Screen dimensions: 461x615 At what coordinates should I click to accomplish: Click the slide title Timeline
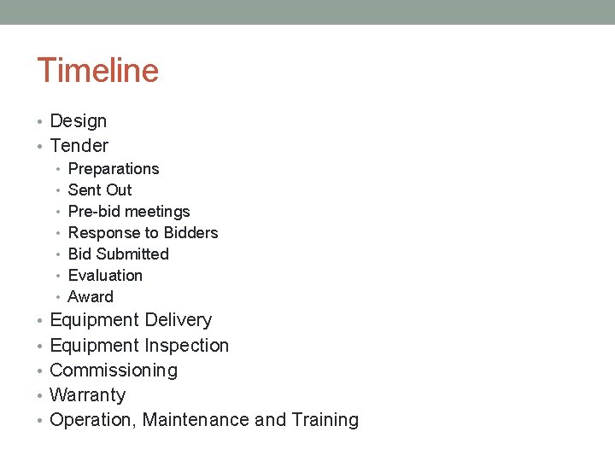tap(97, 70)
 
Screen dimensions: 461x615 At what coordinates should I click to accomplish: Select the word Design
tap(79, 122)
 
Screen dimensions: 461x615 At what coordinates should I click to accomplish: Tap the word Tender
tap(79, 146)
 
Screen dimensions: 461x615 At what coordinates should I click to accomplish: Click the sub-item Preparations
tap(114, 169)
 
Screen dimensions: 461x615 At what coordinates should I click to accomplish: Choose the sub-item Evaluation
tap(105, 276)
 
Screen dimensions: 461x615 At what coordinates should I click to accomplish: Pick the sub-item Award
tap(91, 297)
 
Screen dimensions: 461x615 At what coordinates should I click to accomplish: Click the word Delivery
tap(179, 320)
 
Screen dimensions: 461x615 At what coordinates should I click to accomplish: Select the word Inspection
tap(187, 346)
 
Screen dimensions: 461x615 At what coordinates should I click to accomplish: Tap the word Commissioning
tap(114, 371)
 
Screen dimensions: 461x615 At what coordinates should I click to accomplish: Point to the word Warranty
tap(88, 395)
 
